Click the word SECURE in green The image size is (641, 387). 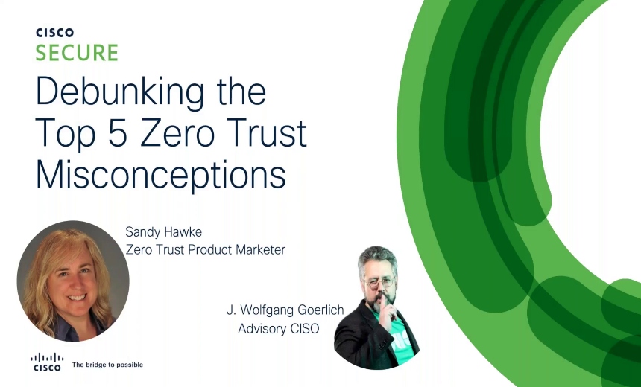pyautogui.click(x=77, y=53)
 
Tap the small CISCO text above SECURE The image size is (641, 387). pyautogui.click(x=54, y=33)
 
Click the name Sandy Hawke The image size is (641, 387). pyautogui.click(x=164, y=233)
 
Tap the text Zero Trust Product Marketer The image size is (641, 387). pyautogui.click(x=206, y=250)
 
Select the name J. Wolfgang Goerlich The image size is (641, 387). pyautogui.click(x=285, y=310)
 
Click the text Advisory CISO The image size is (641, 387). pyautogui.click(x=279, y=328)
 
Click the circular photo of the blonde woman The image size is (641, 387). pyautogui.click(x=73, y=281)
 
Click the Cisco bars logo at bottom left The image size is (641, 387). pyautogui.click(x=46, y=360)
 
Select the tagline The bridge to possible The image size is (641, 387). pyautogui.click(x=107, y=365)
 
